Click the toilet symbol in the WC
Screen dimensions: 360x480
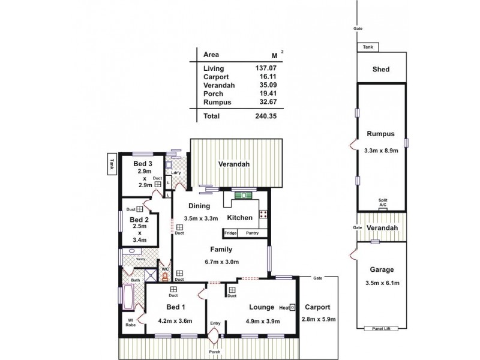coord(165,278)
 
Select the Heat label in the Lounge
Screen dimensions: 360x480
coord(284,307)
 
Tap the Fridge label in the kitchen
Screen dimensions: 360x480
coord(230,233)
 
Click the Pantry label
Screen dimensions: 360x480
coord(252,233)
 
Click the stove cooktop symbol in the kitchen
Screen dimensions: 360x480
coord(263,214)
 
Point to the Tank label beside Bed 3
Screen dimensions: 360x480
coord(112,164)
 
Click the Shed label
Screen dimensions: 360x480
coord(381,70)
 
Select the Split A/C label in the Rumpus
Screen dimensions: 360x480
coord(382,202)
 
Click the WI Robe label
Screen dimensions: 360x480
coord(130,322)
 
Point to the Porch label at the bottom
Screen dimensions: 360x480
coord(214,352)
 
